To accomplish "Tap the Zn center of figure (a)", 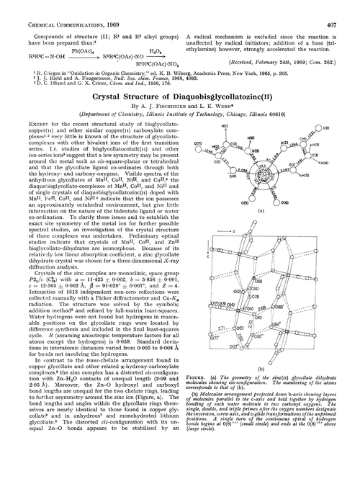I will [267, 176].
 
